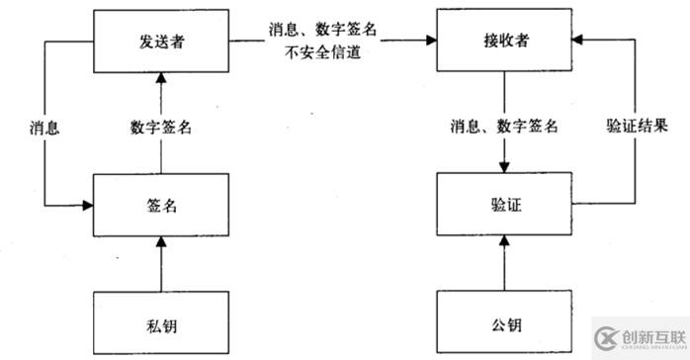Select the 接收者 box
click(x=504, y=41)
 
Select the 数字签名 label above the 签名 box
click(x=160, y=126)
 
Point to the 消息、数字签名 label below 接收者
click(x=504, y=126)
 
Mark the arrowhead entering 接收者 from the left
click(x=432, y=41)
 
